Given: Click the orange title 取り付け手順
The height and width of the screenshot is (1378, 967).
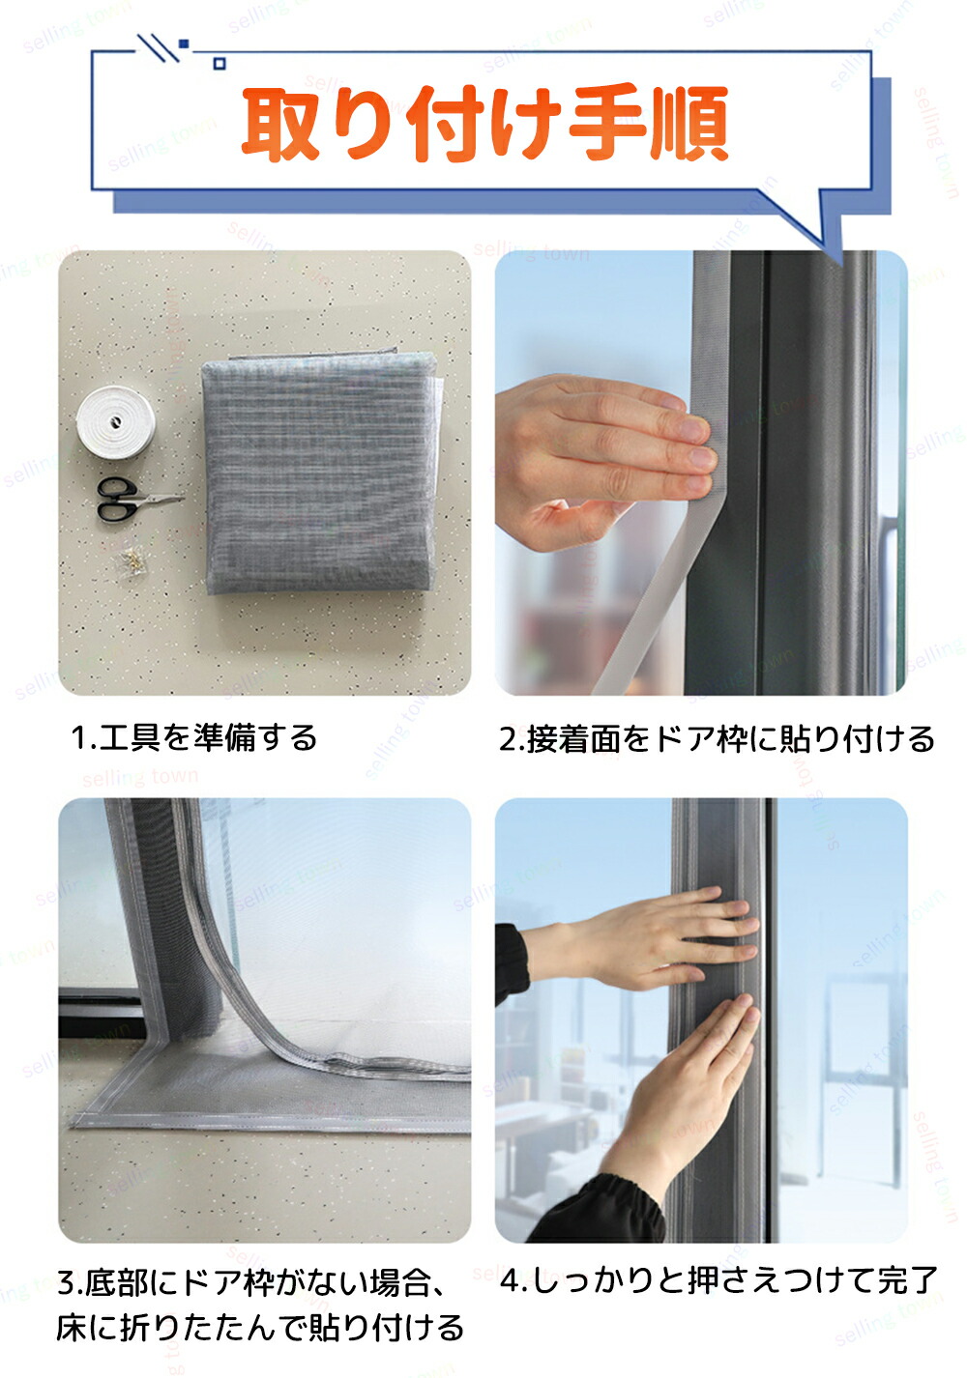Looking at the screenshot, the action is click(x=484, y=124).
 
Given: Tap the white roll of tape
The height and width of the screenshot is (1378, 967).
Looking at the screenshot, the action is click(x=115, y=421).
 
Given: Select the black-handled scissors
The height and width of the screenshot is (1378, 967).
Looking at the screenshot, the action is click(x=138, y=499).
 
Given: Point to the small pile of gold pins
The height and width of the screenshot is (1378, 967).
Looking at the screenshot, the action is click(x=132, y=560).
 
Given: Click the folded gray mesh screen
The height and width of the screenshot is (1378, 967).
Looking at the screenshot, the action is click(x=320, y=472).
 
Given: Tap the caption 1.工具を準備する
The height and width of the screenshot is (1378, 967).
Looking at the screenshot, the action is click(x=193, y=737).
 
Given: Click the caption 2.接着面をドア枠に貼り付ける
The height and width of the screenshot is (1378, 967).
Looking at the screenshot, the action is click(x=717, y=738).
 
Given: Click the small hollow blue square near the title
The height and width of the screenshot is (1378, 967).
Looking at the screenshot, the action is click(x=220, y=63).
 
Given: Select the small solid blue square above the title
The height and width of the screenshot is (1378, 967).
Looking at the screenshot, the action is click(x=183, y=43).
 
